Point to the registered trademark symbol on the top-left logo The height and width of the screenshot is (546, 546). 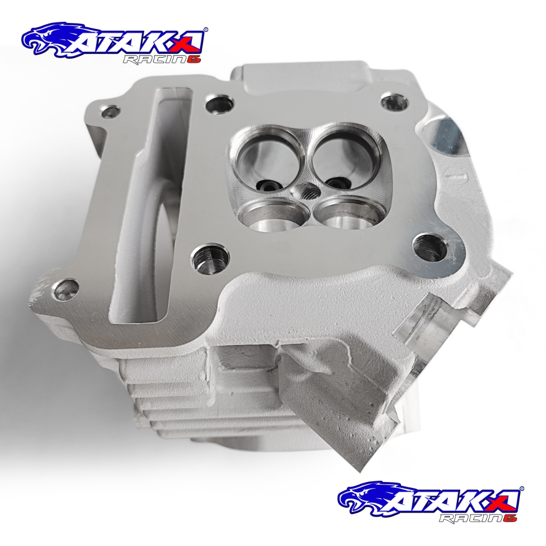click(206, 30)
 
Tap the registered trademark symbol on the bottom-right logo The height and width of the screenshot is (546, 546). click(521, 488)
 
